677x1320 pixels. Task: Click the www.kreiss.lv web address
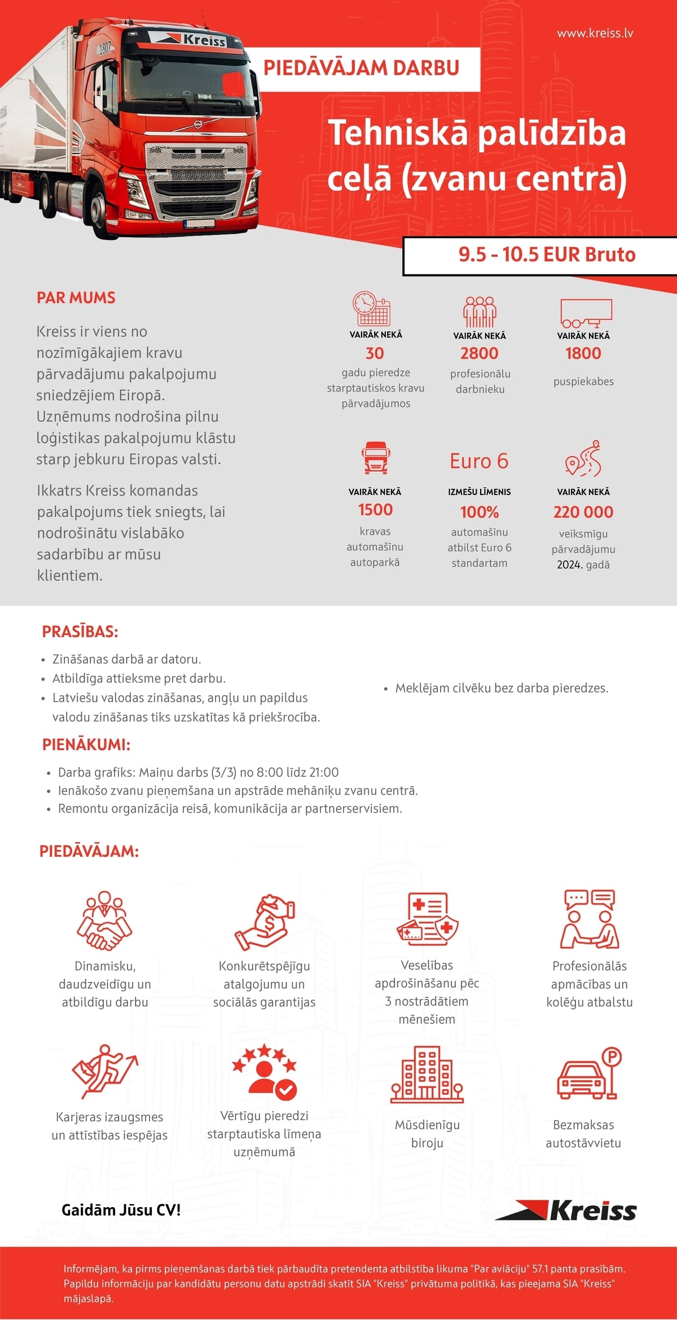(x=595, y=33)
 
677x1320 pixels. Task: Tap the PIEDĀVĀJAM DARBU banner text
(x=362, y=68)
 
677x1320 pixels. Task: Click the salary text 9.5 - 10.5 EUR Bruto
(x=547, y=255)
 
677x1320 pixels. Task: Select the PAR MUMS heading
(x=76, y=298)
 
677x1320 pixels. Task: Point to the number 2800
(x=480, y=354)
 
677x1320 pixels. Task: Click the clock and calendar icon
(x=372, y=309)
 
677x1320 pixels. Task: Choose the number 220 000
(x=583, y=512)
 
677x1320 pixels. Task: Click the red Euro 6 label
(x=479, y=461)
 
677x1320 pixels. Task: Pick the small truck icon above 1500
(x=376, y=458)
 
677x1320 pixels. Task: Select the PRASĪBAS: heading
(x=80, y=632)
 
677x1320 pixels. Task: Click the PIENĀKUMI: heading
(x=86, y=744)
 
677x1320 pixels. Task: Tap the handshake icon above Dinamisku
(x=104, y=920)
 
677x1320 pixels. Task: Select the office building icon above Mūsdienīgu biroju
(x=427, y=1075)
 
